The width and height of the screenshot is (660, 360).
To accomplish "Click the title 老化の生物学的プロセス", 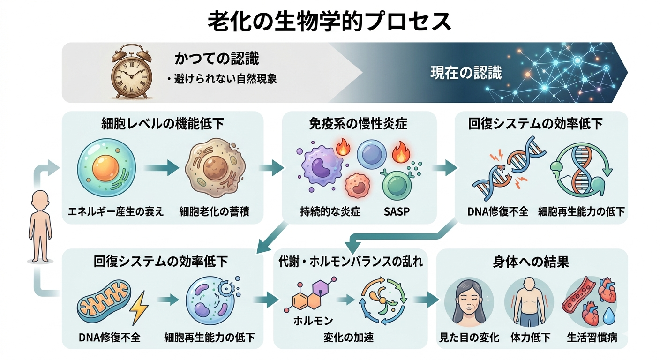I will tap(330, 21).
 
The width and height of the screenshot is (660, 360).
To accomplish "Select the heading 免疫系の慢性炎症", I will tap(359, 124).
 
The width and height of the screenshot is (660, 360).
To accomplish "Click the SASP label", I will tap(397, 211).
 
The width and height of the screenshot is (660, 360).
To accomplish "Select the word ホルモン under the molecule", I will tap(313, 321).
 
